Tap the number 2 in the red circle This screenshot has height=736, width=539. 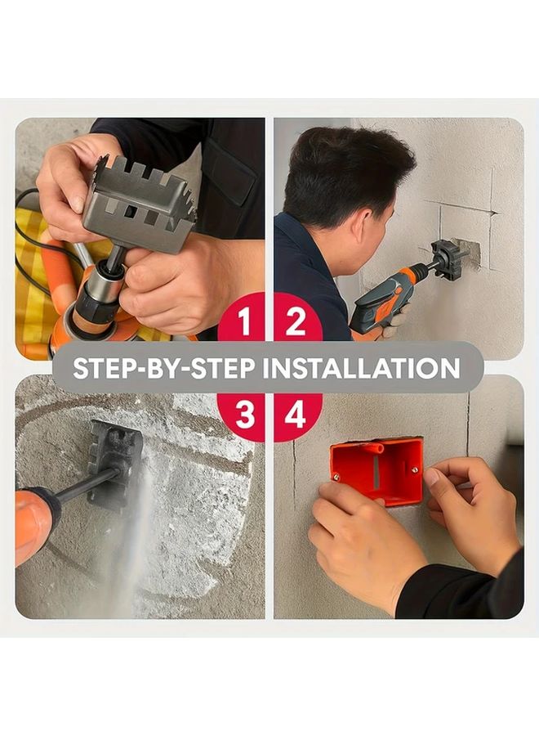point(296,322)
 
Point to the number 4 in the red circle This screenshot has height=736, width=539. point(296,415)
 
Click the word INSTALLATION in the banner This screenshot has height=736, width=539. point(363,368)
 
